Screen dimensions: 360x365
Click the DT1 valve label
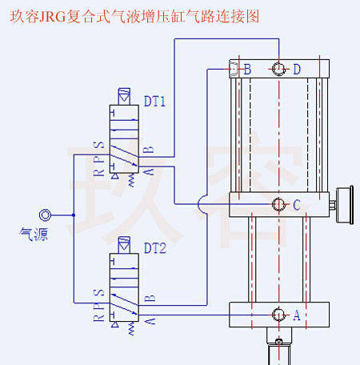coord(154,102)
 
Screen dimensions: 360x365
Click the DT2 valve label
coord(155,248)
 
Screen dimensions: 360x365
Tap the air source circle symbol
coord(45,215)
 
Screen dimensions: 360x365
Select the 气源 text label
coord(34,235)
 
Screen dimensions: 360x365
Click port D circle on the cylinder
coord(279,69)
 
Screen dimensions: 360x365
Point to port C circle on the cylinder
coord(279,204)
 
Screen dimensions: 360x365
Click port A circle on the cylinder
coord(279,315)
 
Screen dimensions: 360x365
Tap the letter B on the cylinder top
coord(247,70)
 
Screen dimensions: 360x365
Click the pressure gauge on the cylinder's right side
coord(345,205)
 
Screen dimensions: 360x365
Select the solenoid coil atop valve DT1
coord(124,97)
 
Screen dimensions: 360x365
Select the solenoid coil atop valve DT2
coord(124,245)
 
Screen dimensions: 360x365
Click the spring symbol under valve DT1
coord(131,180)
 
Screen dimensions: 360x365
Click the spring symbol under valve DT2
coord(131,328)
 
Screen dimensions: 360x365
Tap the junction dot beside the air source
coord(74,215)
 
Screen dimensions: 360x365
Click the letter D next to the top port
coord(297,70)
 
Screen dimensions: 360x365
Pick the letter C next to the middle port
coord(297,205)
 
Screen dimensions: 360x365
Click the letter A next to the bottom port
coord(297,315)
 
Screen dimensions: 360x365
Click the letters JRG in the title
coord(53,17)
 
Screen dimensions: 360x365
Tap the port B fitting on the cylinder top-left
coord(234,69)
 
